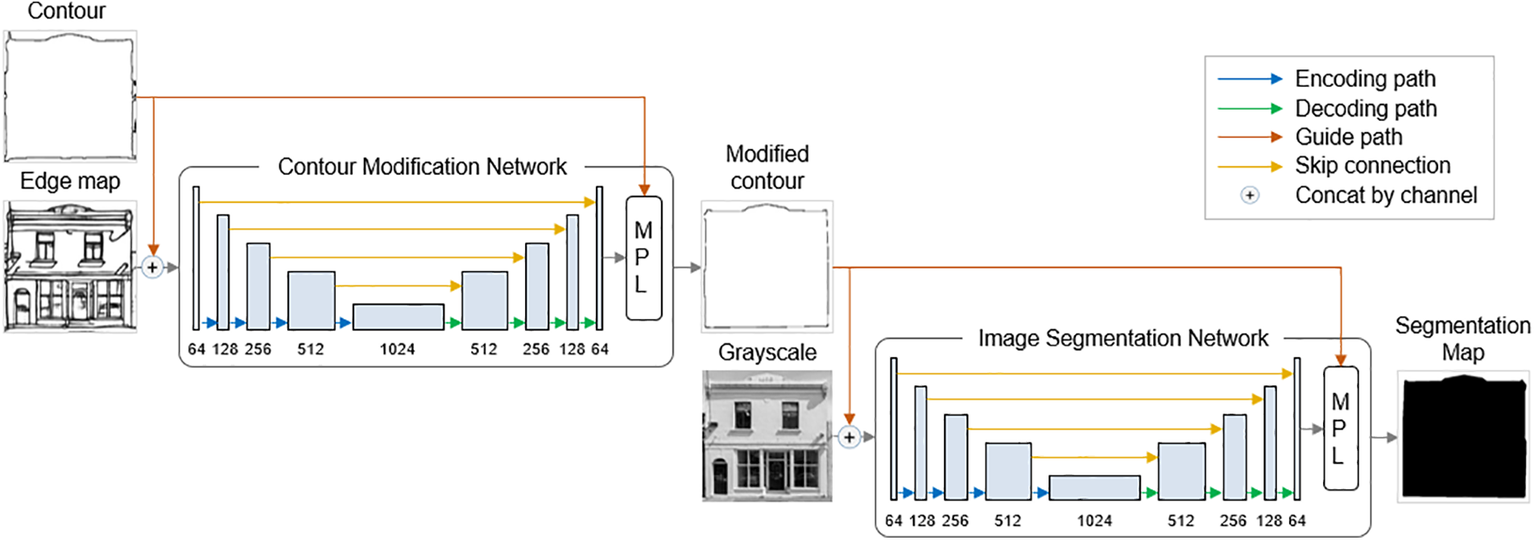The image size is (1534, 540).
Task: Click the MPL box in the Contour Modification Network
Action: pyautogui.click(x=643, y=258)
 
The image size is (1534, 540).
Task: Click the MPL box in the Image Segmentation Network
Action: pyautogui.click(x=1340, y=429)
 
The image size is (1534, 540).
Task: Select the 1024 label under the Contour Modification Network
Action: pyautogui.click(x=397, y=349)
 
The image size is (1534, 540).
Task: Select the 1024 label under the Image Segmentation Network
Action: pyautogui.click(x=1094, y=521)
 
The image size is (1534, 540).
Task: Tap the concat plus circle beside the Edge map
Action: pyautogui.click(x=152, y=268)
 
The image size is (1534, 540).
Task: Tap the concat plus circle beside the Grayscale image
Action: pyautogui.click(x=849, y=438)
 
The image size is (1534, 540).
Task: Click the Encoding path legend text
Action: pyautogui.click(x=1365, y=79)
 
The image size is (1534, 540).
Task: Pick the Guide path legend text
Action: pyautogui.click(x=1348, y=137)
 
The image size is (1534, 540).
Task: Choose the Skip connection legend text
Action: pyautogui.click(x=1372, y=166)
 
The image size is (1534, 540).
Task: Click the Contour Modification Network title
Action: pyautogui.click(x=422, y=167)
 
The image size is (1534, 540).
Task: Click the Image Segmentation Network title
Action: pyautogui.click(x=1123, y=339)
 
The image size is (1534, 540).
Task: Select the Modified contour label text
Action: pyautogui.click(x=767, y=167)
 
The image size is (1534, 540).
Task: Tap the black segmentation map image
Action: pyautogui.click(x=1463, y=438)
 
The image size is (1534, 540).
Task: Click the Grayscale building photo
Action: pyautogui.click(x=767, y=436)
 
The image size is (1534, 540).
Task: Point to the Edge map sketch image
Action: pyautogui.click(x=70, y=267)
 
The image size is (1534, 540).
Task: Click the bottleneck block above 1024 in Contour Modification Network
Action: pyautogui.click(x=398, y=317)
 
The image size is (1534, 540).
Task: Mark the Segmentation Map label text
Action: pyautogui.click(x=1462, y=339)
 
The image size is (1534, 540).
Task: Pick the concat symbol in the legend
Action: pyautogui.click(x=1249, y=195)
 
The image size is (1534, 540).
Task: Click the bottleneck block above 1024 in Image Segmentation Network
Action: pyautogui.click(x=1094, y=488)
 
